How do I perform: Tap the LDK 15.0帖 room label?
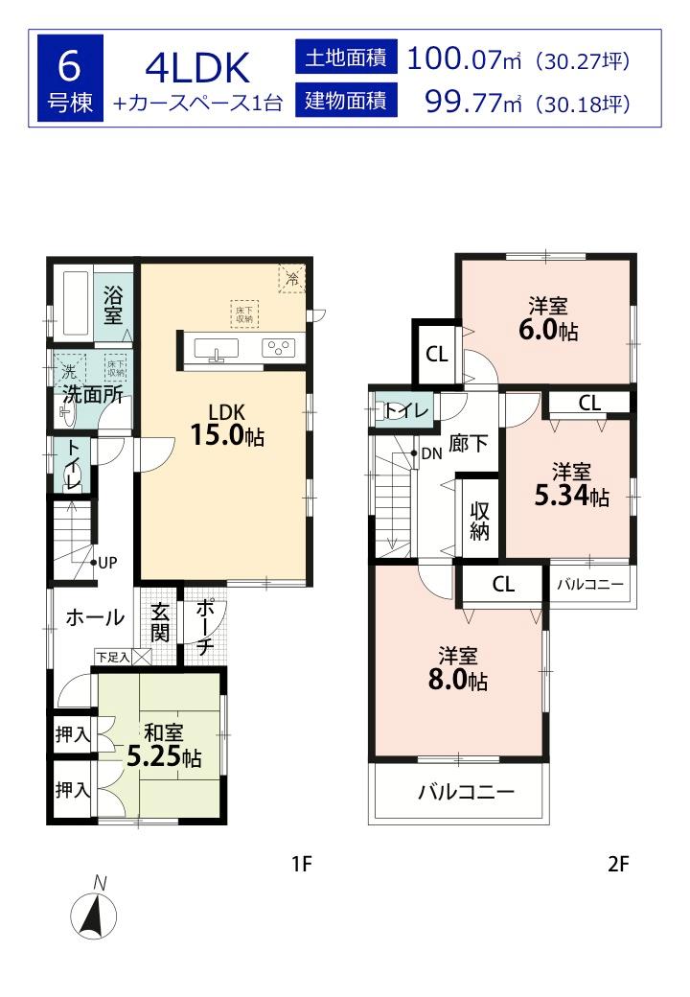(226, 425)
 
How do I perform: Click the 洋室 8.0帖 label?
(458, 668)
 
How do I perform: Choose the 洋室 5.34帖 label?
(570, 484)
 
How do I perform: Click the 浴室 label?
(113, 303)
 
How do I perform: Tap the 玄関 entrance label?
(161, 622)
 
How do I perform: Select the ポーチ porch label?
(205, 627)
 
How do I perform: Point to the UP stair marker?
(105, 563)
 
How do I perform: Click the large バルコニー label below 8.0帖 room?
(466, 793)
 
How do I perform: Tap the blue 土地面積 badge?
(345, 58)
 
